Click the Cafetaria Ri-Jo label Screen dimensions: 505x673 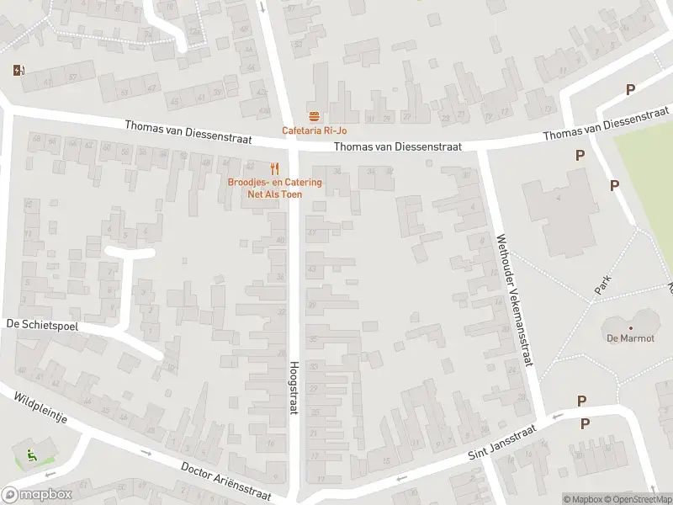tap(314, 130)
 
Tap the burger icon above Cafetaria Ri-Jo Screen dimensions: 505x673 tap(314, 115)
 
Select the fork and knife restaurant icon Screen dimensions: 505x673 tap(274, 168)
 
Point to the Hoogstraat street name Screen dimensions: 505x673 tap(294, 387)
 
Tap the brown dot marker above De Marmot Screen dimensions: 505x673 tap(630, 328)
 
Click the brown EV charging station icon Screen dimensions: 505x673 tap(19, 71)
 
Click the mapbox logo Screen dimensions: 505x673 tap(37, 495)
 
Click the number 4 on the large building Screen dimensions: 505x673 tap(557, 198)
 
